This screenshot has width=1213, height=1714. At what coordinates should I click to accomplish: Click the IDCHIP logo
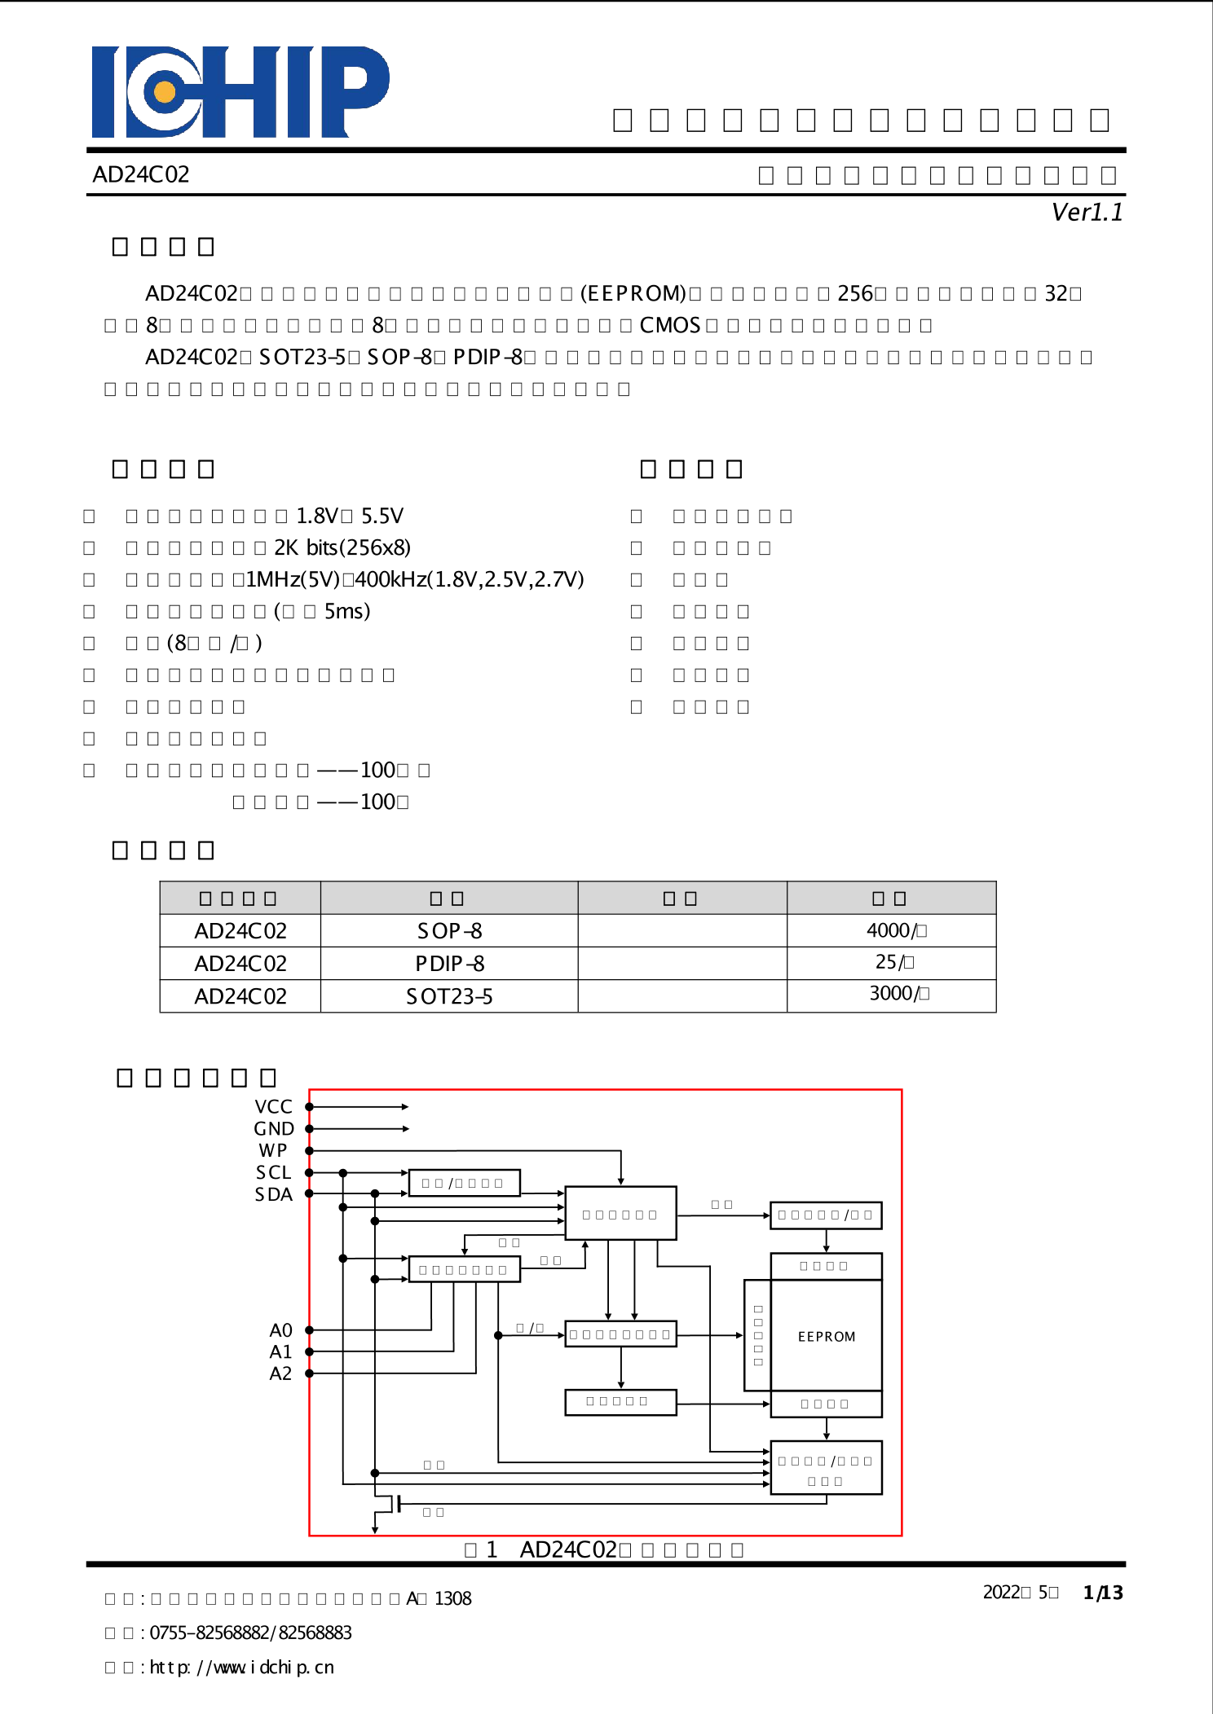click(x=240, y=91)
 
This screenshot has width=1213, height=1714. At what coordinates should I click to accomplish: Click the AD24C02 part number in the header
click(x=141, y=174)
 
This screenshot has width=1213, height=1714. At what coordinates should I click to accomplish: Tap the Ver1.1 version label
click(x=1087, y=213)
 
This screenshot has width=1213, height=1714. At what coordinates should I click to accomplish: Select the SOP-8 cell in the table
click(x=449, y=930)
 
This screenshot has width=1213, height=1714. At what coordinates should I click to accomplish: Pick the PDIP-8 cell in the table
click(x=449, y=964)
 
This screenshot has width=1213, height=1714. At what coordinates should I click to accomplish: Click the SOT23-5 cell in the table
click(x=449, y=996)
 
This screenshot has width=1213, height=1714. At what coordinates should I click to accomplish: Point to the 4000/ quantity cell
click(x=895, y=930)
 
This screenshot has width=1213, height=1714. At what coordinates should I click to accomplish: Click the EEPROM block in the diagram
click(x=826, y=1337)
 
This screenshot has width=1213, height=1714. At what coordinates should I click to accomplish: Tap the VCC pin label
click(x=273, y=1107)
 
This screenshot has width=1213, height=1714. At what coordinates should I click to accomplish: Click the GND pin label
click(x=273, y=1129)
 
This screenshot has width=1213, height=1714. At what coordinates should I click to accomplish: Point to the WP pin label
click(x=273, y=1150)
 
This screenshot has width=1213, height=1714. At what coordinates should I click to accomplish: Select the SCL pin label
click(x=273, y=1172)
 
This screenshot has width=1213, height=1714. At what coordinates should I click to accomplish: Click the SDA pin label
click(x=273, y=1194)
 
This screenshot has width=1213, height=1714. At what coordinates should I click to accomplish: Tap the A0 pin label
click(x=280, y=1330)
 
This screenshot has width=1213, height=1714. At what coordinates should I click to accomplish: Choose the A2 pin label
click(x=280, y=1373)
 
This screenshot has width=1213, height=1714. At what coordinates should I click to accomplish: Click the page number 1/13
click(x=1102, y=1593)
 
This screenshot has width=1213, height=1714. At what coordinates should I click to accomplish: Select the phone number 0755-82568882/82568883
click(x=250, y=1633)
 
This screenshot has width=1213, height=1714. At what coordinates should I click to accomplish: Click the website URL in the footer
click(x=241, y=1668)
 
